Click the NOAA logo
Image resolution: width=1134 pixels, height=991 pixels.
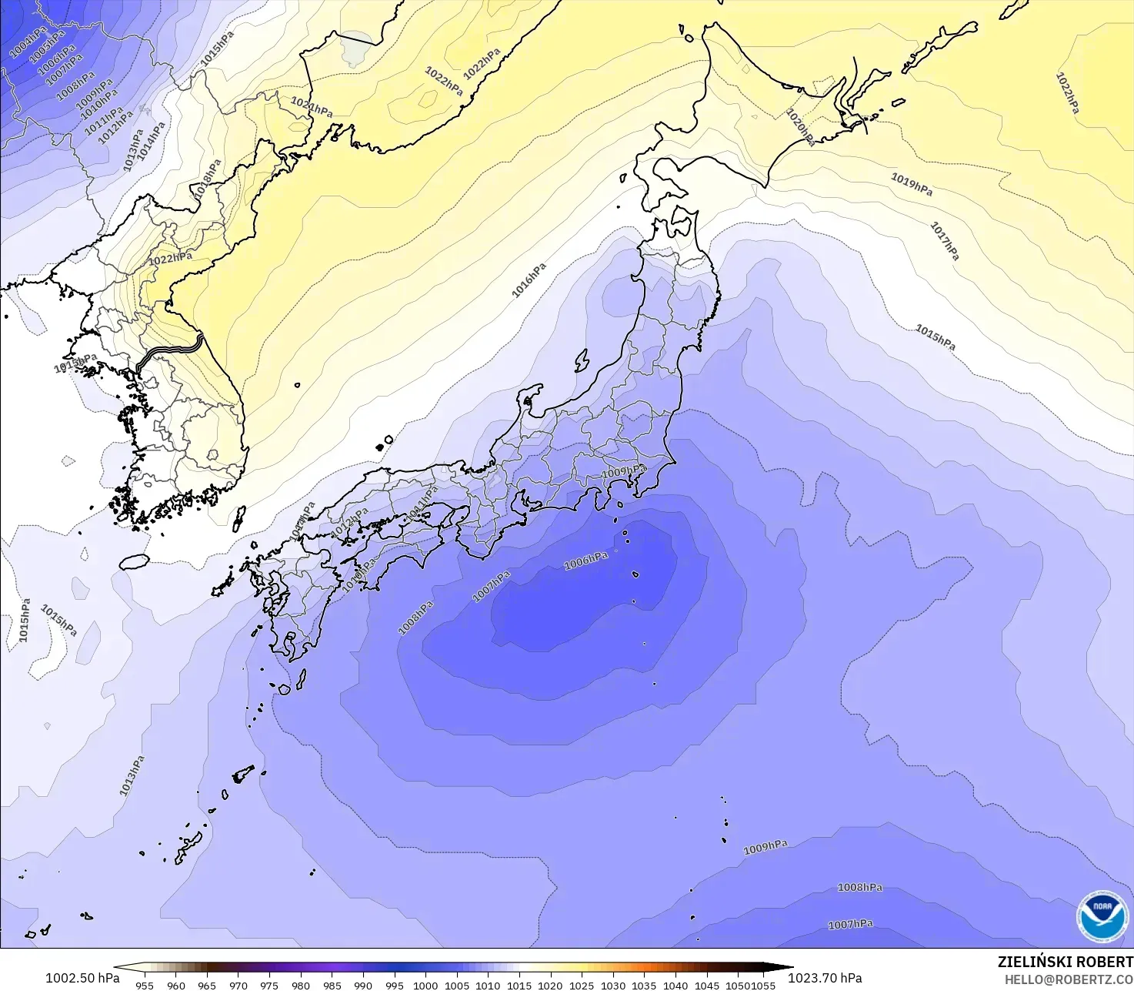point(1102,916)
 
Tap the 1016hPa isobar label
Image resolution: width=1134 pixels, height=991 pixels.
point(529,280)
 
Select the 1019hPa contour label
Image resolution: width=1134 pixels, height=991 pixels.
point(912,184)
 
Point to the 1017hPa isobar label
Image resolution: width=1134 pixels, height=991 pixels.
point(945,240)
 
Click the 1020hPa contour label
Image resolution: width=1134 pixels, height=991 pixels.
point(801,126)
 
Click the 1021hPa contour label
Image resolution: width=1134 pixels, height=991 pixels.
point(312,106)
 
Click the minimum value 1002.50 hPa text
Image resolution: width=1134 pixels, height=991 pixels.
point(82,978)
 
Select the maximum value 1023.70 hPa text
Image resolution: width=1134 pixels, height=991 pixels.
point(825,978)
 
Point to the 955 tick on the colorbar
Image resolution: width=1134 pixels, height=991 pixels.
point(145,985)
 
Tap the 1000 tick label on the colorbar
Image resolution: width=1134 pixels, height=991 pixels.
point(425,985)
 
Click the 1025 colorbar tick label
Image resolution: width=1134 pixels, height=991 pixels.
point(582,985)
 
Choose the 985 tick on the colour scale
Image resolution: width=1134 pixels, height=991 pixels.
point(332,985)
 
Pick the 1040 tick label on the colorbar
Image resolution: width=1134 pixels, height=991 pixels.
point(675,985)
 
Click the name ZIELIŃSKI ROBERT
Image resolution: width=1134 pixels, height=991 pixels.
point(1065,962)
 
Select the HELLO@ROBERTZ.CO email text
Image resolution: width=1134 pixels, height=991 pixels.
point(1069,979)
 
